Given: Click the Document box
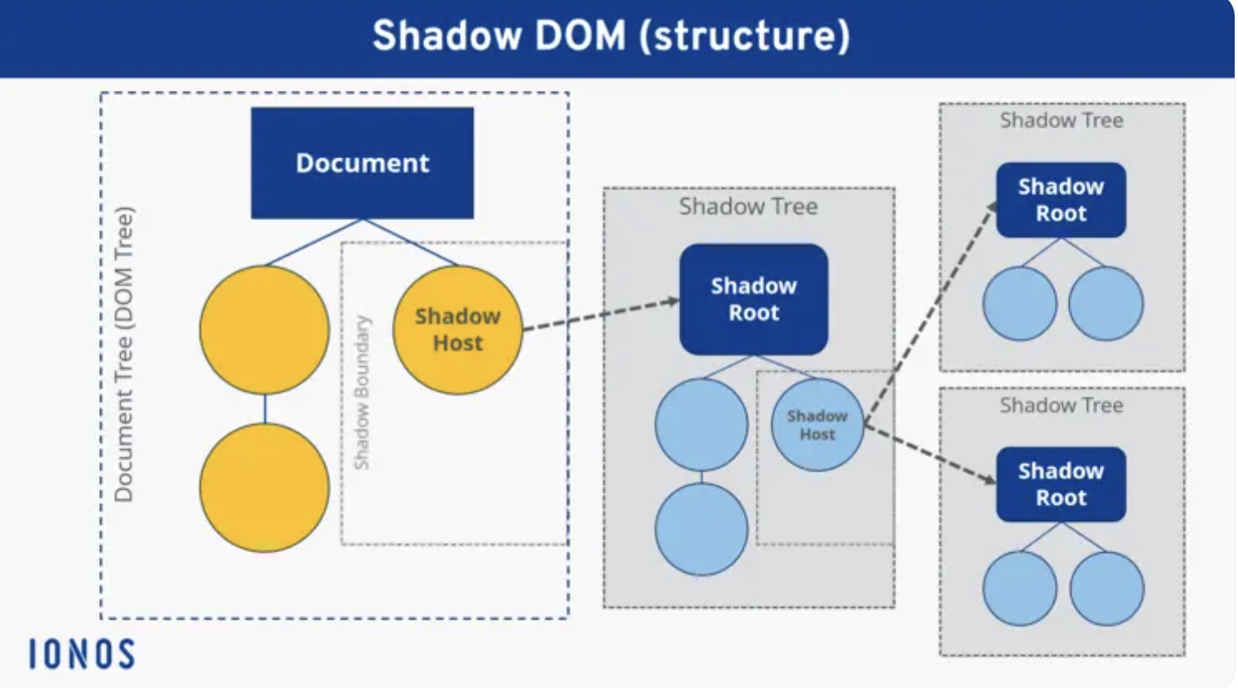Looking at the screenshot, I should tap(362, 163).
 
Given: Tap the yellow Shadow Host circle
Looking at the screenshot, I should tap(457, 330).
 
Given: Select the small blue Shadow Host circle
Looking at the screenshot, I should tap(816, 425).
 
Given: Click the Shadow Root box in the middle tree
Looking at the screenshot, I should tap(753, 299).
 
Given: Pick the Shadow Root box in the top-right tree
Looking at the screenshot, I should tap(1061, 200).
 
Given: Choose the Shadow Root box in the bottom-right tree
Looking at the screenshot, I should tap(1061, 485).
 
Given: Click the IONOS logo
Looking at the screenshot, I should tap(82, 655).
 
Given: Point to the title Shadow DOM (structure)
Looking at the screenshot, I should tap(611, 36).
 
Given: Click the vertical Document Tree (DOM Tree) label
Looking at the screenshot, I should tap(123, 354).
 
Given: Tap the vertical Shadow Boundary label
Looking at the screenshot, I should tap(362, 391).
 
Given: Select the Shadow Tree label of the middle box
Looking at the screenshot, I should tap(748, 207).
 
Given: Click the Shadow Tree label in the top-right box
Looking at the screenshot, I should tap(1061, 121).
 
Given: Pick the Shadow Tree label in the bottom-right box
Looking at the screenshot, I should tap(1061, 406).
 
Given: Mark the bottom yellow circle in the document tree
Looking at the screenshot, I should tap(264, 487).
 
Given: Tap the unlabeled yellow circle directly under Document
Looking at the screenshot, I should tap(264, 330).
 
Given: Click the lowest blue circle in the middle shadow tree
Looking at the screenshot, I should tap(701, 530).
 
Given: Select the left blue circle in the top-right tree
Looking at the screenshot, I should tap(1020, 304).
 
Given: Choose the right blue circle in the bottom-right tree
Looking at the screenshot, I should tap(1106, 589).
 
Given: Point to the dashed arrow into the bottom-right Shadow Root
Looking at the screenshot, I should tap(929, 453).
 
